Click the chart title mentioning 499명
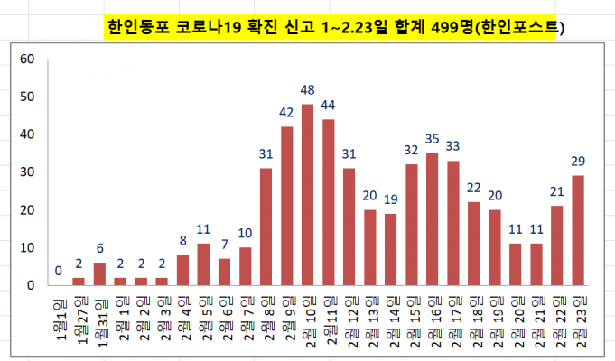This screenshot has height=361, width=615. pos(334,27)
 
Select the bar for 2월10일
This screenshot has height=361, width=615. pos(308,195)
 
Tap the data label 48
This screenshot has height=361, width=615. pos(308,90)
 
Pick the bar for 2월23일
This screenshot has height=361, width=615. pos(579,230)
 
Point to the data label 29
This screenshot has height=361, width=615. pos(579,162)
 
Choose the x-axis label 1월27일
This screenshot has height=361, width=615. pos(79,320)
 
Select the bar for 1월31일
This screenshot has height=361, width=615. pos(100,274)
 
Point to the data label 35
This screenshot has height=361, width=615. pos(433,139)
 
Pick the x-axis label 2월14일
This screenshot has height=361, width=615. pos(392,320)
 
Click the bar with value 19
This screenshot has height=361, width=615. pos(392,249)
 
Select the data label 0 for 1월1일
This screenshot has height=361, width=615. pos(59,271)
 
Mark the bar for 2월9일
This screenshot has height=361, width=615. pos(287,206)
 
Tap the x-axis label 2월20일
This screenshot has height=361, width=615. pos(517,320)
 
